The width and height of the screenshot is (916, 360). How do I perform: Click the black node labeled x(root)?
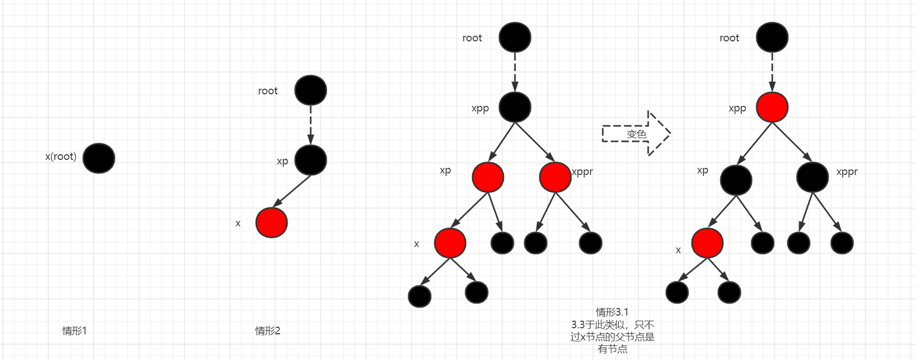[99, 158]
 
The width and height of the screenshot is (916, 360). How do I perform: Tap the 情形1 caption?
[74, 331]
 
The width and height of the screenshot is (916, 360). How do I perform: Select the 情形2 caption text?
[267, 331]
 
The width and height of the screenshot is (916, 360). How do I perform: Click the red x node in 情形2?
[271, 222]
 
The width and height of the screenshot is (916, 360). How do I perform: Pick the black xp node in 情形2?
[311, 160]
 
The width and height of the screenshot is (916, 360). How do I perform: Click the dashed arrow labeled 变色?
[636, 134]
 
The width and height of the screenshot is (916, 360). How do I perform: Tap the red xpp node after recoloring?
[772, 107]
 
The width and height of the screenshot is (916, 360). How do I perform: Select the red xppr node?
[555, 177]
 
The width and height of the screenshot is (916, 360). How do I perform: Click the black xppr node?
[812, 177]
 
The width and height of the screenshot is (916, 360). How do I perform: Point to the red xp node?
[488, 177]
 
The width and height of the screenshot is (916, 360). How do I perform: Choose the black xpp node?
[514, 107]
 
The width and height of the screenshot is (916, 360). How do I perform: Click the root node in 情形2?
[311, 90]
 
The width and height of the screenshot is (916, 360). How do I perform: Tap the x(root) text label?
[61, 156]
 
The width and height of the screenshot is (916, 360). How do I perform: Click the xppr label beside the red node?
[583, 171]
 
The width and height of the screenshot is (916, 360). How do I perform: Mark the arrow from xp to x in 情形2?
[292, 191]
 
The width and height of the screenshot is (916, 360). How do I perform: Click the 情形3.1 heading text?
[612, 312]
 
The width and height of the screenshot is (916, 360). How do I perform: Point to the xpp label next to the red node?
[737, 108]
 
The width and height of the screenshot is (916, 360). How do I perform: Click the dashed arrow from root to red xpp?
[772, 72]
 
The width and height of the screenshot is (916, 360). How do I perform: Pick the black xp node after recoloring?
[736, 180]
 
